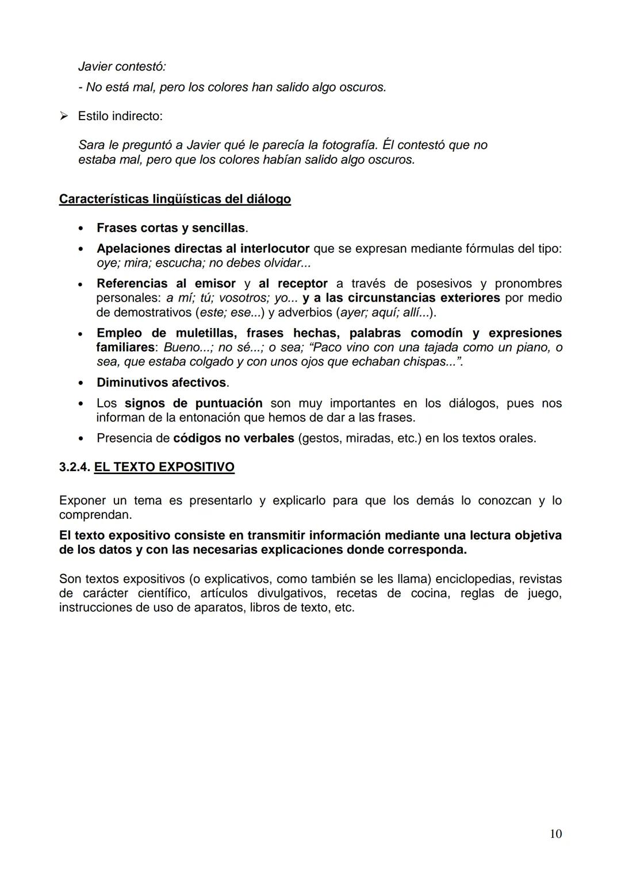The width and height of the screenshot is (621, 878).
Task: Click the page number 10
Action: (555, 834)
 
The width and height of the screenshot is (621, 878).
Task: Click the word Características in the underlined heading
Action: (103, 199)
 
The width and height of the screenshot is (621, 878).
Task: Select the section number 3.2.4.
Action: (75, 467)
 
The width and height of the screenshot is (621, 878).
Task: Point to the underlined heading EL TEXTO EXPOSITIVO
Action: (164, 467)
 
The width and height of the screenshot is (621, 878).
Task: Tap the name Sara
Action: (91, 145)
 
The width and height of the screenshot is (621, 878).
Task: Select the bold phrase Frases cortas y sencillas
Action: (171, 228)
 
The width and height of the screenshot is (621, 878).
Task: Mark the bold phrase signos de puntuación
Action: (194, 403)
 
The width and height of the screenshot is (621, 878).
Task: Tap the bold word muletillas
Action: (206, 333)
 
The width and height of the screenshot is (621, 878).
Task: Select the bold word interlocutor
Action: (275, 248)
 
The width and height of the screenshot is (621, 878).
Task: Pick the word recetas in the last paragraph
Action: (356, 593)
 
